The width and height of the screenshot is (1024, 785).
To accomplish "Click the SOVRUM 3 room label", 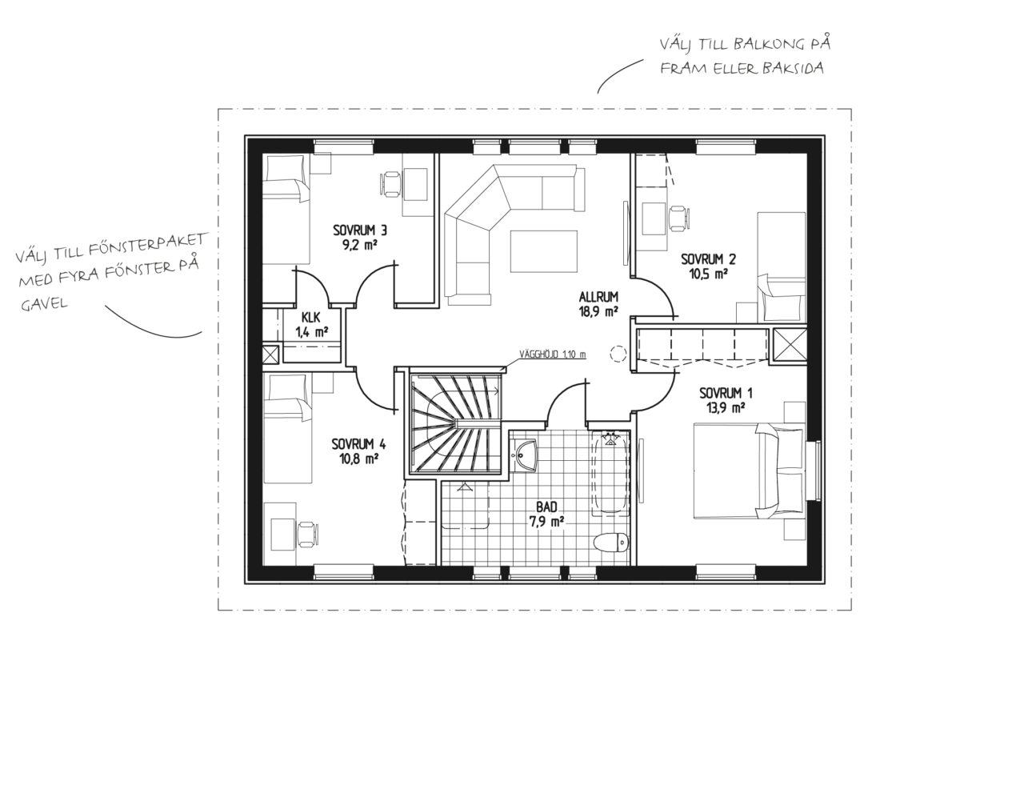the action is click(x=360, y=230).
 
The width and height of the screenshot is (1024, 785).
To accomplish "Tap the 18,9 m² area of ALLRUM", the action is click(x=598, y=311).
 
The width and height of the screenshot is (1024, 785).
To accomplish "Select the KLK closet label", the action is click(x=310, y=317).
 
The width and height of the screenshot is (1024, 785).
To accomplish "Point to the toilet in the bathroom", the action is click(x=610, y=542).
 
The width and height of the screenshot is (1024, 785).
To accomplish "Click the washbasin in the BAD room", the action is click(x=524, y=455).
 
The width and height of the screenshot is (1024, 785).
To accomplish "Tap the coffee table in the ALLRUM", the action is click(x=544, y=250).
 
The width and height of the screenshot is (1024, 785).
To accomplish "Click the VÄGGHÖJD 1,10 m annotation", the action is click(x=553, y=354).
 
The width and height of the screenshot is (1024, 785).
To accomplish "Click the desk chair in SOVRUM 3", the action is click(x=390, y=184).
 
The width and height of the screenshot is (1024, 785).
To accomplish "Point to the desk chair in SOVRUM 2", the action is click(x=680, y=218).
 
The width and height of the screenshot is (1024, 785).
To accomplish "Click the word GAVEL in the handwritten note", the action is click(x=44, y=303).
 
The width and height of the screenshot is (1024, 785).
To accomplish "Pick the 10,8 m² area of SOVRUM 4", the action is click(x=359, y=459).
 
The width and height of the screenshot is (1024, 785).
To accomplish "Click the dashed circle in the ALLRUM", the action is click(x=618, y=353).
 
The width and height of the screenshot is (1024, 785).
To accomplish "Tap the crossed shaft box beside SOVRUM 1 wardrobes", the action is click(x=790, y=346).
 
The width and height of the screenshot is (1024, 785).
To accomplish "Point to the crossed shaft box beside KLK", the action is click(x=270, y=354).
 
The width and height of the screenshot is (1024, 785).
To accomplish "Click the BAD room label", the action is click(x=546, y=507).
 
